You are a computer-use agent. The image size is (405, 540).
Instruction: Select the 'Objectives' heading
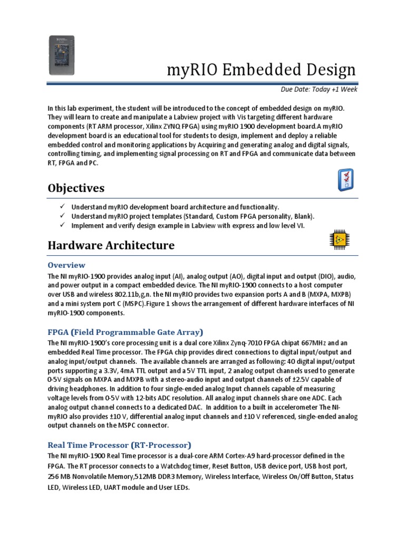coord(76,188)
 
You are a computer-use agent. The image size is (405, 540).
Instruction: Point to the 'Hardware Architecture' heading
coord(111,245)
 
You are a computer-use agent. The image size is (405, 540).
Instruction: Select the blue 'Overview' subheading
coord(66,265)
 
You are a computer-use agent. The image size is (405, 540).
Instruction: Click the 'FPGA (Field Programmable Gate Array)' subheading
coord(126,332)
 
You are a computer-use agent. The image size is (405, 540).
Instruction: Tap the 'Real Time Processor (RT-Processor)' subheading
coord(120,444)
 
